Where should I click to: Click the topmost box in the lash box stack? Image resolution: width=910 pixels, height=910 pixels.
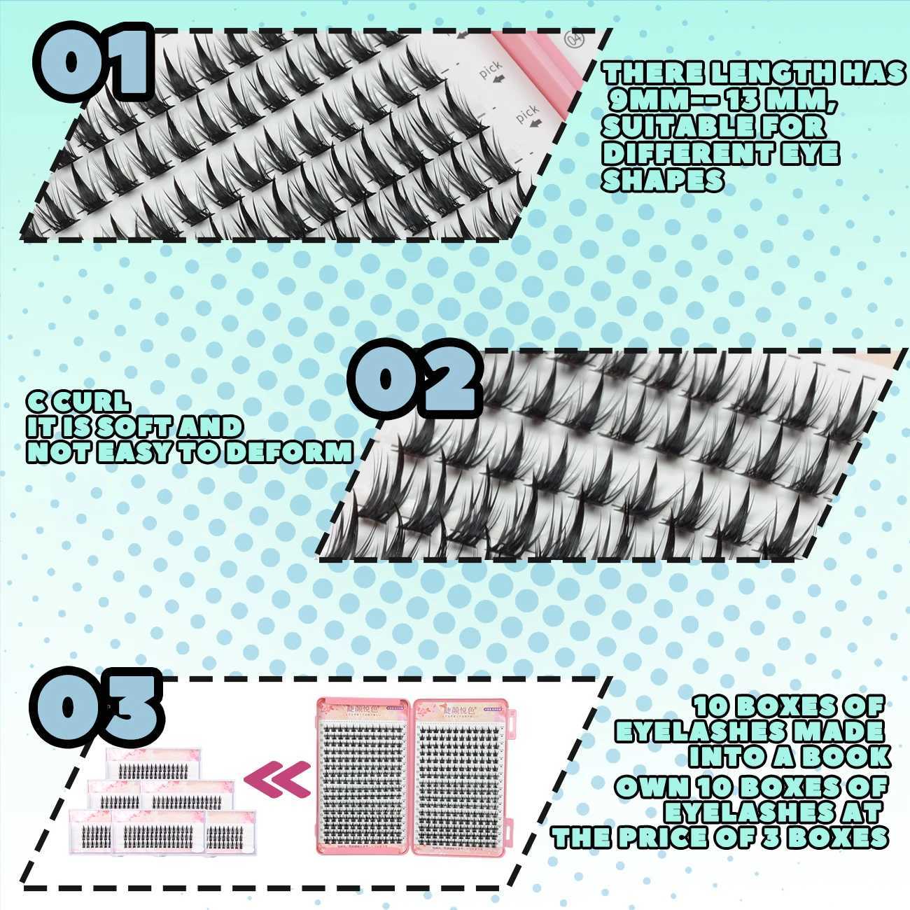coord(153,765)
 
